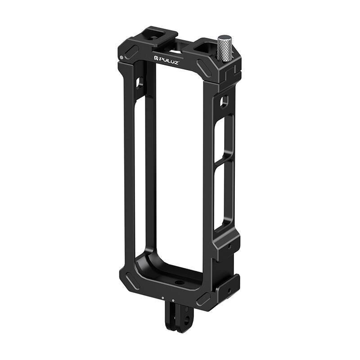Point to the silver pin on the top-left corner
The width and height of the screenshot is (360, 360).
[122, 57]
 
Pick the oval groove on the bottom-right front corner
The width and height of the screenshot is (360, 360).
[202, 299]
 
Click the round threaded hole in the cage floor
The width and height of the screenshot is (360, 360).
[180, 283]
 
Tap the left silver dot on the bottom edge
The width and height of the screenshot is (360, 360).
[162, 297]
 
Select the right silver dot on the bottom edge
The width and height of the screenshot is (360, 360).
[173, 300]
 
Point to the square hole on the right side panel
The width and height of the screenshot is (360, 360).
[224, 102]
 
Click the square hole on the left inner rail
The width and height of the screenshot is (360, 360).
[139, 83]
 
